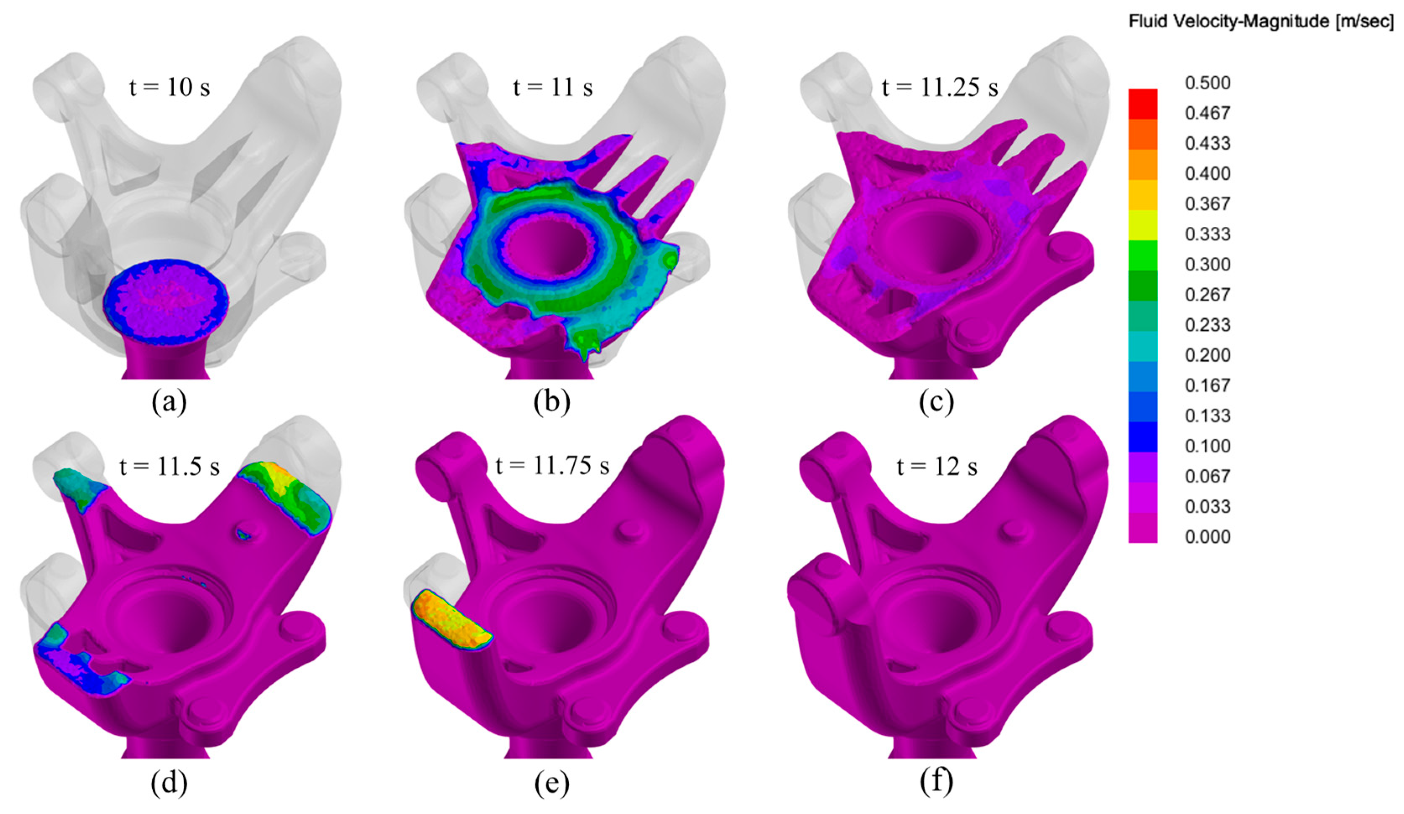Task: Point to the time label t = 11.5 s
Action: pyautogui.click(x=169, y=466)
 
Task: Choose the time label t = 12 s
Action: pyautogui.click(x=937, y=466)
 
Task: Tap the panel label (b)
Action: pyautogui.click(x=552, y=402)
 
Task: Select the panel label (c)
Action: pyautogui.click(x=936, y=402)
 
